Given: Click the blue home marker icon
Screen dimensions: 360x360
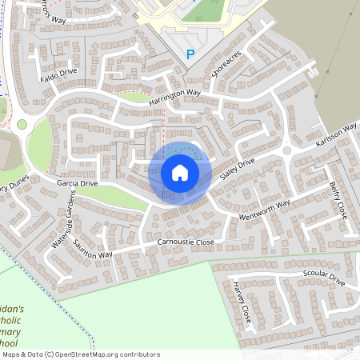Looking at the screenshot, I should pyautogui.click(x=180, y=172).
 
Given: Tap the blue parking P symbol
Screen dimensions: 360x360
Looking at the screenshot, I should pyautogui.click(x=190, y=54).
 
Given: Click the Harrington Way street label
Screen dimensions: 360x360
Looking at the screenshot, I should pyautogui.click(x=174, y=98).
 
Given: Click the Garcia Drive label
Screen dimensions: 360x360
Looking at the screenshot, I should pyautogui.click(x=77, y=183).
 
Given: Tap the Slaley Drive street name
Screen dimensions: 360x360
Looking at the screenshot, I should pyautogui.click(x=236, y=172).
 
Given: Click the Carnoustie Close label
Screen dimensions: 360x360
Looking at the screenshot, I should pyautogui.click(x=186, y=242).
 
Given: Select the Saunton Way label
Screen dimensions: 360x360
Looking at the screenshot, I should pyautogui.click(x=93, y=249).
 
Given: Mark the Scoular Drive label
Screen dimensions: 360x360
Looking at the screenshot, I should pyautogui.click(x=323, y=280).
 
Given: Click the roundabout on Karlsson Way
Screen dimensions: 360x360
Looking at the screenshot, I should pyautogui.click(x=286, y=150).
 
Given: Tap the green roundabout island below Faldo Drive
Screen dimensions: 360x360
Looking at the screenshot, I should pyautogui.click(x=22, y=124).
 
